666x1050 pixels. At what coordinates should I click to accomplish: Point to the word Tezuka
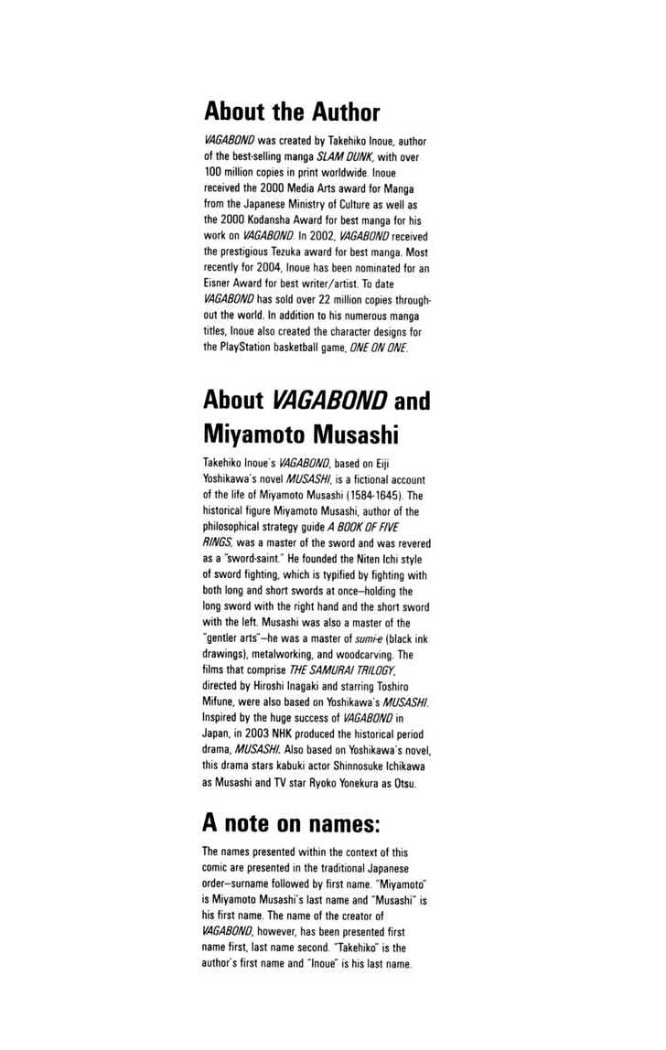[x=291, y=252]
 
